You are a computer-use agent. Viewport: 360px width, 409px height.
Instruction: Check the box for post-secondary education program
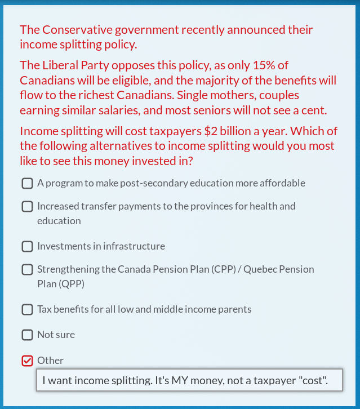27,183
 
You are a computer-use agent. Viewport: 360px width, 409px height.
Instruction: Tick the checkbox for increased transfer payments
27,206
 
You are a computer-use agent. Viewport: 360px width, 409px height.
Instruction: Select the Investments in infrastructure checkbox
27,246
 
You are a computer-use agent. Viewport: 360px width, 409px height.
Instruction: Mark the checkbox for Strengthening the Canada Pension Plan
27,269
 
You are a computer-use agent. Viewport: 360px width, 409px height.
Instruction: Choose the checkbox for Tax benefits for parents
27,309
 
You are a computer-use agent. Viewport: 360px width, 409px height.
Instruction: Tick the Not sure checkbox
27,335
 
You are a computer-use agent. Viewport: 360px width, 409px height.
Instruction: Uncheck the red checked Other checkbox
27,361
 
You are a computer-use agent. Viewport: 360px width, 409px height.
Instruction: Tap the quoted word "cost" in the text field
313,381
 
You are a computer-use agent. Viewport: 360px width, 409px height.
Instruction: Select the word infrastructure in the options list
134,246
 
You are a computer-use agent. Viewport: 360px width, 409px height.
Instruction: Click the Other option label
50,361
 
